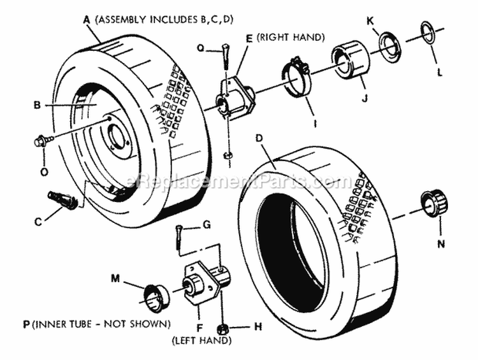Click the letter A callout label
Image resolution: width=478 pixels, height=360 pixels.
pyautogui.click(x=87, y=20)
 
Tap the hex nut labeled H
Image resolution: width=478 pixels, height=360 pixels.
pyautogui.click(x=224, y=329)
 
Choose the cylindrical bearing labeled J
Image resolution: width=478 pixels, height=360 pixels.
pyautogui.click(x=350, y=61)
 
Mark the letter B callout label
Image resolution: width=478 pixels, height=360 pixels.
pyautogui.click(x=37, y=103)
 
